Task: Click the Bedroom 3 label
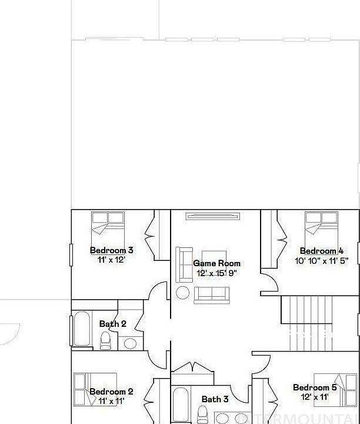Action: (111, 250)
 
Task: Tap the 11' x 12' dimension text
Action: (107, 259)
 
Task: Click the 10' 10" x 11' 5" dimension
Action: (322, 260)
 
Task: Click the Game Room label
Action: (216, 263)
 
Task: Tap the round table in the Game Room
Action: (183, 293)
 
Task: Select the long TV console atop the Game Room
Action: (213, 216)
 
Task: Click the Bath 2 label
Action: (112, 324)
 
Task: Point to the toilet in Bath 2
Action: (106, 340)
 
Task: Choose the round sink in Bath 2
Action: (130, 343)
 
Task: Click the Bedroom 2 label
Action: (111, 392)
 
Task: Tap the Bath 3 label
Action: (215, 399)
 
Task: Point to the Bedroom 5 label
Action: (315, 387)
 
